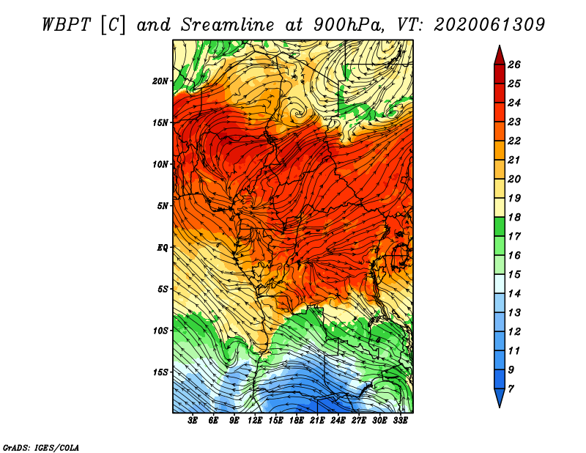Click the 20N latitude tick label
click(x=160, y=81)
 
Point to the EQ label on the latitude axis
click(x=163, y=248)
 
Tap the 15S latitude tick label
click(x=160, y=372)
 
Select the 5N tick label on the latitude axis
click(x=163, y=206)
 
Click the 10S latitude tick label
click(x=160, y=331)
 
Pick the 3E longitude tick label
click(x=193, y=421)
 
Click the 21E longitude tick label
click(x=317, y=421)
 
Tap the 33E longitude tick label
click(x=400, y=421)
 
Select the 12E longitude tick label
click(x=255, y=421)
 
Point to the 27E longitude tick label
click(x=359, y=421)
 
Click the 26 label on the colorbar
click(x=514, y=65)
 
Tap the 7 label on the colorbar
click(x=511, y=389)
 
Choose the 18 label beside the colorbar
click(x=514, y=217)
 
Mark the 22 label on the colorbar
click(x=514, y=141)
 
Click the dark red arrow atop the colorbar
click(x=500, y=56)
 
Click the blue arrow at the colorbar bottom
click(x=500, y=398)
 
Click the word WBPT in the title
click(x=66, y=25)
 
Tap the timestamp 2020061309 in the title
click(x=489, y=25)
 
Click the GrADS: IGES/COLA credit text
click(x=41, y=448)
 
